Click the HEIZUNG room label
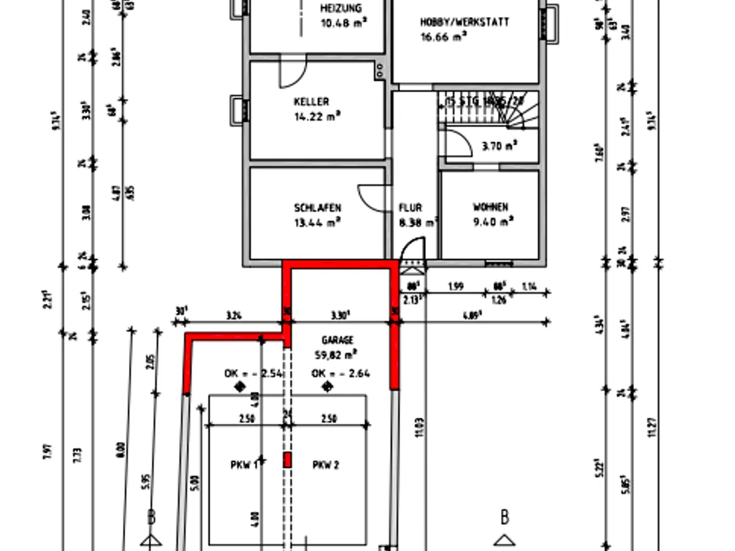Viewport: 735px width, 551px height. (341, 9)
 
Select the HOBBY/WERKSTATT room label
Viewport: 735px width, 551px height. (464, 22)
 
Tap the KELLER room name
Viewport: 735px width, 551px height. (311, 102)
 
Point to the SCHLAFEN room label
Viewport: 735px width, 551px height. (317, 208)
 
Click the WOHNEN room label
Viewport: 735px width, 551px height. (490, 208)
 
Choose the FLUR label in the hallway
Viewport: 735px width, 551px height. (410, 208)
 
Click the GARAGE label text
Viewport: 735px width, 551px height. (337, 340)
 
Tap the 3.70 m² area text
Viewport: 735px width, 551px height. (499, 146)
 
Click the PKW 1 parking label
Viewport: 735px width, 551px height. (244, 465)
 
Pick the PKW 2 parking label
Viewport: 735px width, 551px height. (325, 465)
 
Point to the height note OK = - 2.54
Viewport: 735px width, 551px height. (252, 373)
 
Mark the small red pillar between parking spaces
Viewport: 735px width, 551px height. (287, 460)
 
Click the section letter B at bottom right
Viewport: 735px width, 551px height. (505, 517)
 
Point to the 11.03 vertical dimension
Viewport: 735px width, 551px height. (419, 427)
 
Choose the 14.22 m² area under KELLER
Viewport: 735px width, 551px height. (317, 115)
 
